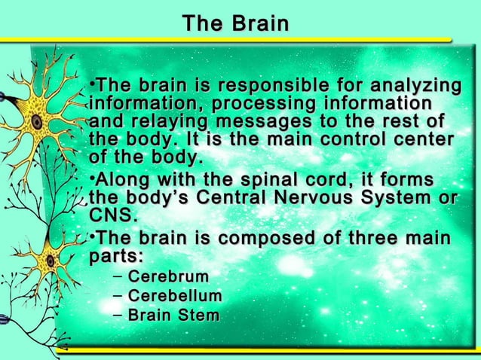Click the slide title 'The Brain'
[x=234, y=24]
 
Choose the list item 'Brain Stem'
[x=173, y=314]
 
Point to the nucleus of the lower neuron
[x=50, y=260]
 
